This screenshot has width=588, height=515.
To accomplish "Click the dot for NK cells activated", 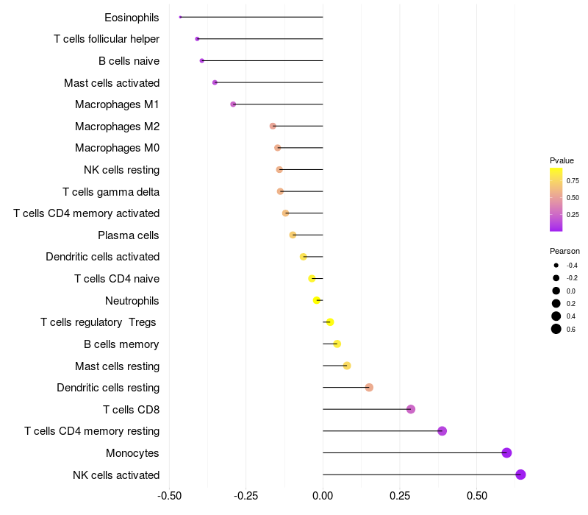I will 520,475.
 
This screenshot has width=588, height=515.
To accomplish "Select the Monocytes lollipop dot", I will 506,452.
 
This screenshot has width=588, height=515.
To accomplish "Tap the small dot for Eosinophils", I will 180,17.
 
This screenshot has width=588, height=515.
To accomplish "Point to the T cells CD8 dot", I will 411,409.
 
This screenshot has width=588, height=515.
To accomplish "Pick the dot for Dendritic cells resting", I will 369,388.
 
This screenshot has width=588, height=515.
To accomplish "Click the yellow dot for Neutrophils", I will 317,300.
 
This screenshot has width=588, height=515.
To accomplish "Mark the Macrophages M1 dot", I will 233,104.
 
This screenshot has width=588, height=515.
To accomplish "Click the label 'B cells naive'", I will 129,61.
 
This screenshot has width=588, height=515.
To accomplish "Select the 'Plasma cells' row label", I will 129,235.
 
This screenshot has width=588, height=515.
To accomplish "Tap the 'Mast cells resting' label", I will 117,366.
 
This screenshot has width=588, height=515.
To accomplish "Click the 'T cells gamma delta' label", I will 111,192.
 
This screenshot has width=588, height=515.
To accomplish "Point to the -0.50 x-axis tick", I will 170,495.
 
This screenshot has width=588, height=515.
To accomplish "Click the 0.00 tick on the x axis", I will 323,495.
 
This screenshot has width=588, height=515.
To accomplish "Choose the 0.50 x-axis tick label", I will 476,495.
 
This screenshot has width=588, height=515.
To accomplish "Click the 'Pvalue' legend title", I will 562,160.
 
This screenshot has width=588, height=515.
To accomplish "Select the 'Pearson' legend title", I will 564,251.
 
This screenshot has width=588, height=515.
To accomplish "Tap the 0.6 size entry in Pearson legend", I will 556,329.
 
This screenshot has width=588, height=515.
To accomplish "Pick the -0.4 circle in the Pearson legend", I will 556,265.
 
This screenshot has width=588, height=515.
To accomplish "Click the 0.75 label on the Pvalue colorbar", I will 573,180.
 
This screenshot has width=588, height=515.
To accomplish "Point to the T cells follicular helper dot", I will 197,39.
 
